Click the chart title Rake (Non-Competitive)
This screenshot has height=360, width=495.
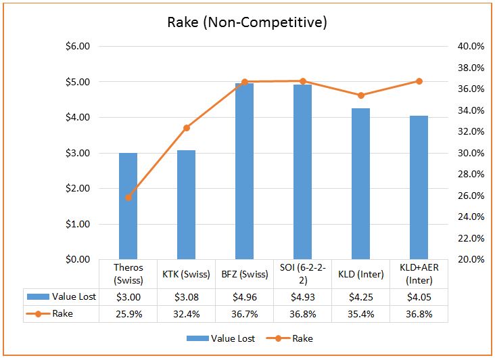[247, 22]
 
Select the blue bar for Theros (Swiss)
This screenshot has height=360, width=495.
[128, 206]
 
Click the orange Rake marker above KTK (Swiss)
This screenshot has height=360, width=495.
[187, 128]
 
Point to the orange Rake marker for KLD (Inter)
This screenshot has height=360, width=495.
[360, 95]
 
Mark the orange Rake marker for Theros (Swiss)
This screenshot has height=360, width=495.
[128, 197]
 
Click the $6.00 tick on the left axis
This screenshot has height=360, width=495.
[75, 47]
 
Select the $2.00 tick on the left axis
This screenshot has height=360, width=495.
[75, 188]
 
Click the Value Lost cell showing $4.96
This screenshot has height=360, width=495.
[244, 296]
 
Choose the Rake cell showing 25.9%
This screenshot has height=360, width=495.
[128, 314]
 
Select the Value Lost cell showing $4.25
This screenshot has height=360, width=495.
[360, 296]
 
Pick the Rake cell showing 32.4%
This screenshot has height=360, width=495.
[186, 314]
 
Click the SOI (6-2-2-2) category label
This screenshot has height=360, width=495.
[302, 273]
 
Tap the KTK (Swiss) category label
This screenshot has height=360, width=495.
[186, 273]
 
